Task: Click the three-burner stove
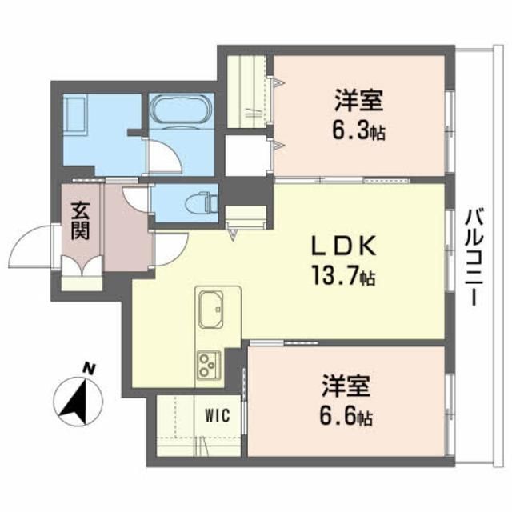click(208, 365)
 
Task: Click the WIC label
click(216, 416)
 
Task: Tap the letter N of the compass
click(90, 369)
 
